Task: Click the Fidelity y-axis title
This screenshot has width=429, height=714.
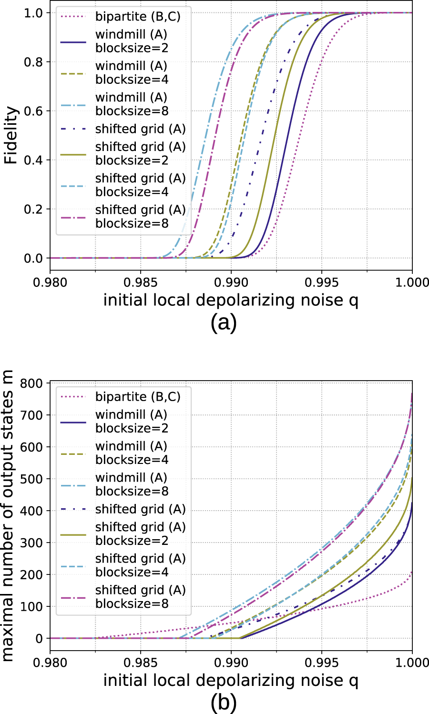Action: pyautogui.click(x=11, y=135)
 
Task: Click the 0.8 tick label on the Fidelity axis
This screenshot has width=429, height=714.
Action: pyautogui.click(x=33, y=62)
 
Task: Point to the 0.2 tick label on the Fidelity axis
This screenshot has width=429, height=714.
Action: pyautogui.click(x=33, y=210)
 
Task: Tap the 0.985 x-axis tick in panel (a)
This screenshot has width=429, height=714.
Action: pyautogui.click(x=141, y=282)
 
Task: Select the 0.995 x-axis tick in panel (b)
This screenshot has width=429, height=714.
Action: pyautogui.click(x=322, y=663)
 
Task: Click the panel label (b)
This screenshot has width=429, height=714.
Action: pyautogui.click(x=223, y=703)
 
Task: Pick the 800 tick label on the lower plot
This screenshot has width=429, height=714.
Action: pyautogui.click(x=32, y=383)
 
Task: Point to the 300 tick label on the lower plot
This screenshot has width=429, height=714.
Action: pyautogui.click(x=32, y=543)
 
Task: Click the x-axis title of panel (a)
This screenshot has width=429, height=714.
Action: pyautogui.click(x=231, y=301)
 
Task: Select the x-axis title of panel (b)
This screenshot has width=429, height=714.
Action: pyautogui.click(x=231, y=681)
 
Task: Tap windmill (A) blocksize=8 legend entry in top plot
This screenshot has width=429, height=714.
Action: pyautogui.click(x=131, y=104)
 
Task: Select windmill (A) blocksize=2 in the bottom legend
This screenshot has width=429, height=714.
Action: pyautogui.click(x=131, y=422)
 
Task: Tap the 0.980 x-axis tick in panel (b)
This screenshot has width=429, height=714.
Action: pyautogui.click(x=50, y=663)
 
